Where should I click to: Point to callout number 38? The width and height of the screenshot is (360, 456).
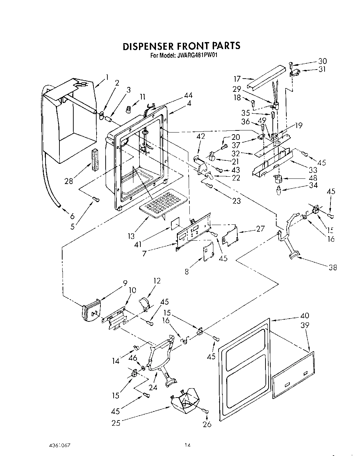pos(333,267)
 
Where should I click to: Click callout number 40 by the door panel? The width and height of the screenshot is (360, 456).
pos(304,315)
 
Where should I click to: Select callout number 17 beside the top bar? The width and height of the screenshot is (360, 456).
pos(237,79)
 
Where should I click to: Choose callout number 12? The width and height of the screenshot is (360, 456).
pos(157,280)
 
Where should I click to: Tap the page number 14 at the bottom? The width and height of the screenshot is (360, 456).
pos(188,445)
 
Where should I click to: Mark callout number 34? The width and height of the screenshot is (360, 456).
pos(313,185)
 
